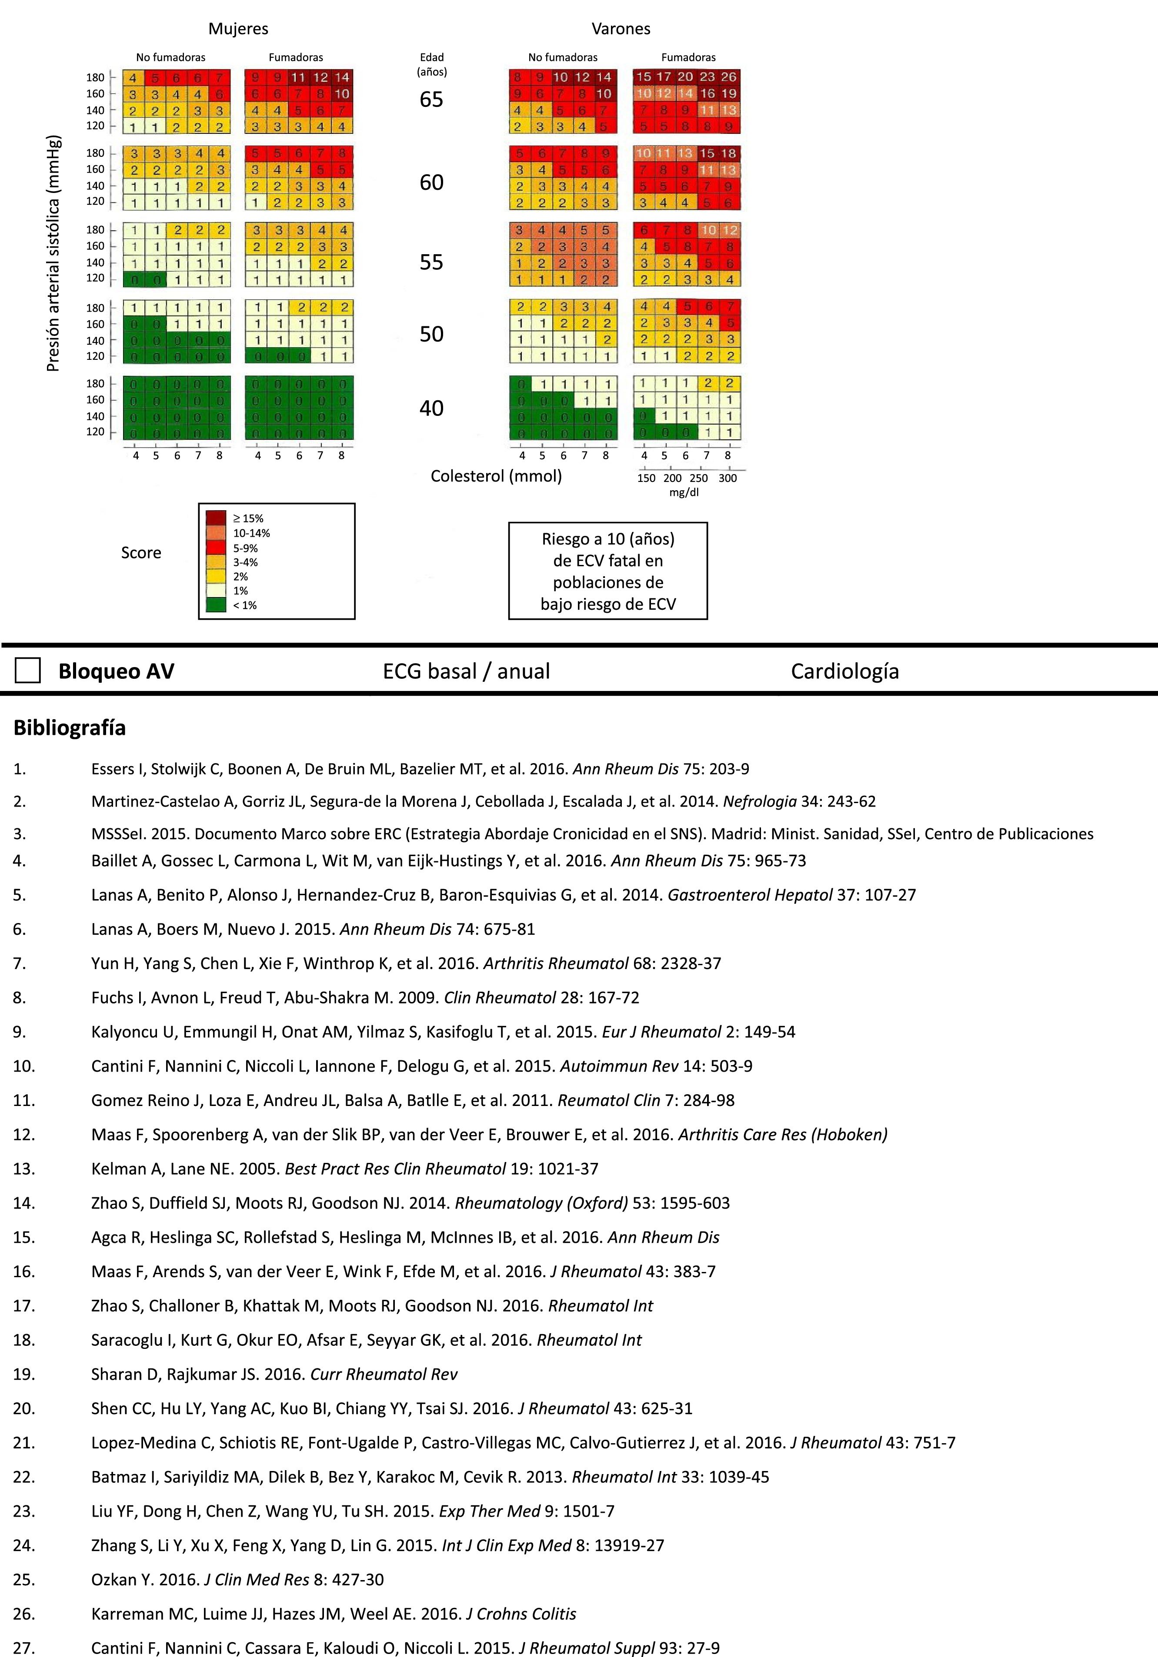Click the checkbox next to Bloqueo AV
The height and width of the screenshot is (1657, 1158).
point(27,671)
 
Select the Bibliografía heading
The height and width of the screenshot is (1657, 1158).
point(69,727)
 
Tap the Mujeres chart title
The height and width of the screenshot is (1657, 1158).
point(238,29)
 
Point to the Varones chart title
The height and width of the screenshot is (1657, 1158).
point(621,29)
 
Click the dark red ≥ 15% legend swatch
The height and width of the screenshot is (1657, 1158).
point(216,518)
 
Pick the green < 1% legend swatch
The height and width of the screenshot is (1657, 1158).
point(216,605)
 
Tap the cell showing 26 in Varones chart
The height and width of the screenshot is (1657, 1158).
point(728,76)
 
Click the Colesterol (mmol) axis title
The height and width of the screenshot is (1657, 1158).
point(496,475)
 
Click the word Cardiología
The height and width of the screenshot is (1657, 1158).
point(844,671)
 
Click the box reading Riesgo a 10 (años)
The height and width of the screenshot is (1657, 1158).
point(608,571)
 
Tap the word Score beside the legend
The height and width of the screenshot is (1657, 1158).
point(141,553)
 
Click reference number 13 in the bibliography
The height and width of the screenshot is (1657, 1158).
point(24,1169)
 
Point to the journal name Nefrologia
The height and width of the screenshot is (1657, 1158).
point(760,801)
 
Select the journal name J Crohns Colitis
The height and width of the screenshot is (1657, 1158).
point(521,1614)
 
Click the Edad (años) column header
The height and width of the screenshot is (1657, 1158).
point(432,64)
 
